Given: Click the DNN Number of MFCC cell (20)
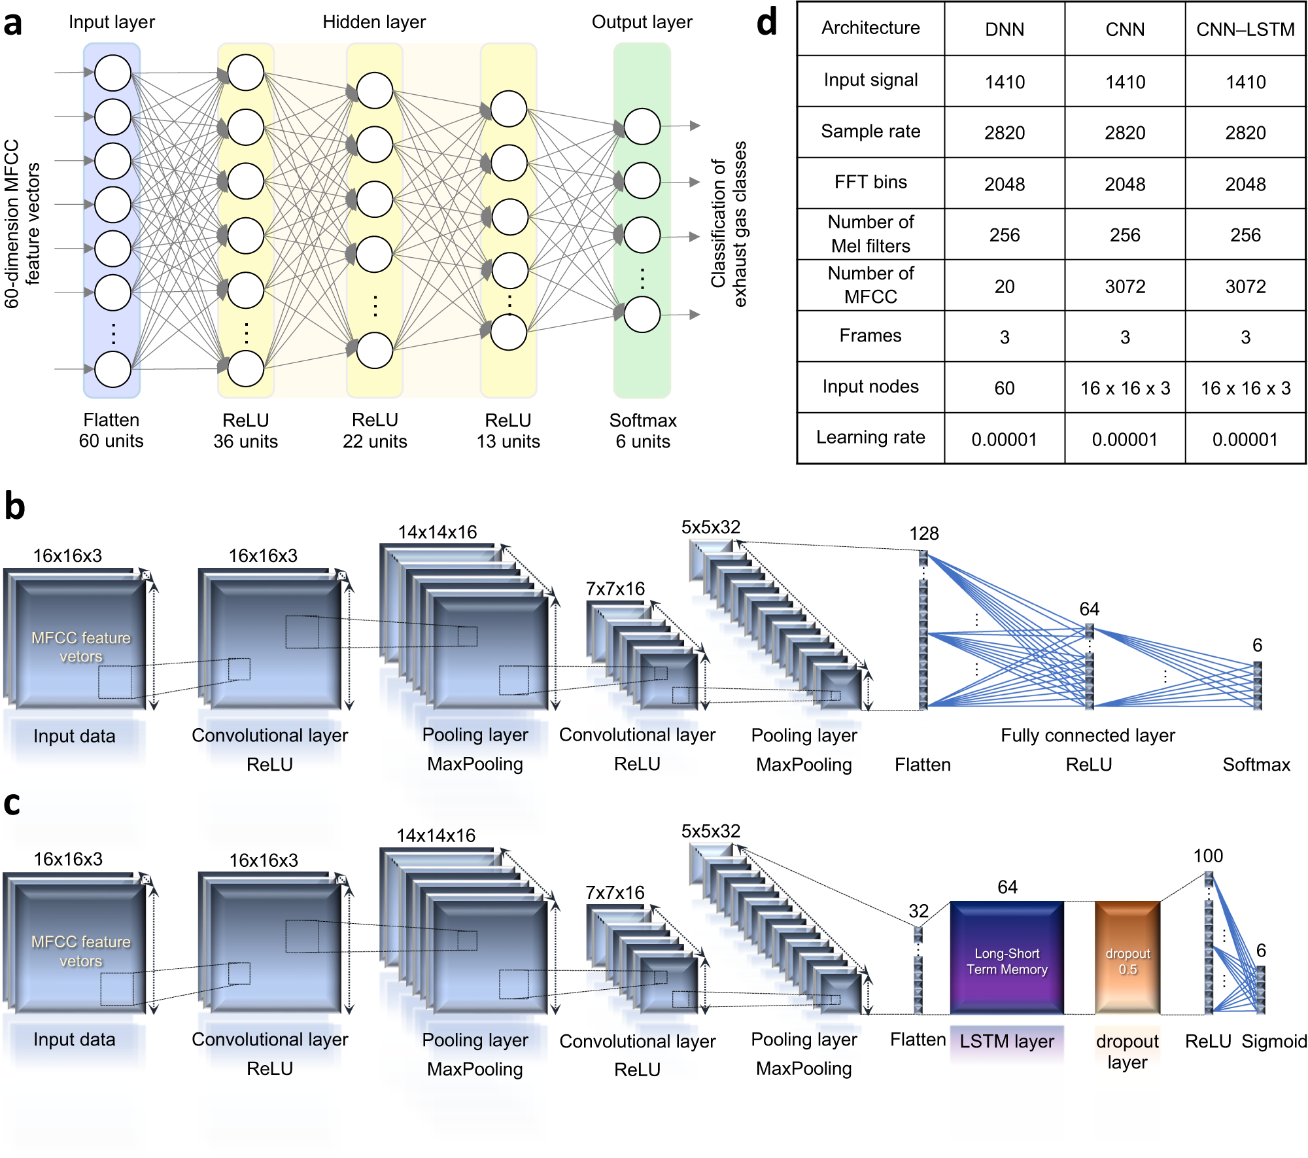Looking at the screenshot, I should point(1005,286).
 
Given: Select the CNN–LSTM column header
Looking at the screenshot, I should point(1245,29).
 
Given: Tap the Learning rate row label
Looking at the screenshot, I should point(870,437).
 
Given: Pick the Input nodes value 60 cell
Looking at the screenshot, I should point(1005,388).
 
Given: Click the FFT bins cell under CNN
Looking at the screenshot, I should point(1125,184).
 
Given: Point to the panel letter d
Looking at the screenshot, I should point(766,23).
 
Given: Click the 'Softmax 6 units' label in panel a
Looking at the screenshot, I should point(642,430).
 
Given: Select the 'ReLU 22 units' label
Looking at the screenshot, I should point(375,430).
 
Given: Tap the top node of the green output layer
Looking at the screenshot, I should point(642,126).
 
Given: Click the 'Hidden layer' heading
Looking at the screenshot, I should point(374,22).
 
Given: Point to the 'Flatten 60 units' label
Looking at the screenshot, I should point(111,430).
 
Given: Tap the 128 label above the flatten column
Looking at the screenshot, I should point(923,533).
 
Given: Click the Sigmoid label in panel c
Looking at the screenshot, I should point(1274,1041).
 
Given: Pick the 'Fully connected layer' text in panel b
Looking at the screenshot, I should point(1088,735).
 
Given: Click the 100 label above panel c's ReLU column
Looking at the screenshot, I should point(1208,856).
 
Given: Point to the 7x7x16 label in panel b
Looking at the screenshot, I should point(615,589).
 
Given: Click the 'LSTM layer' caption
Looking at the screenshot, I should point(1007,1041).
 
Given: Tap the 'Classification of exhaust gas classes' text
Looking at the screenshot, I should point(729,224).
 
